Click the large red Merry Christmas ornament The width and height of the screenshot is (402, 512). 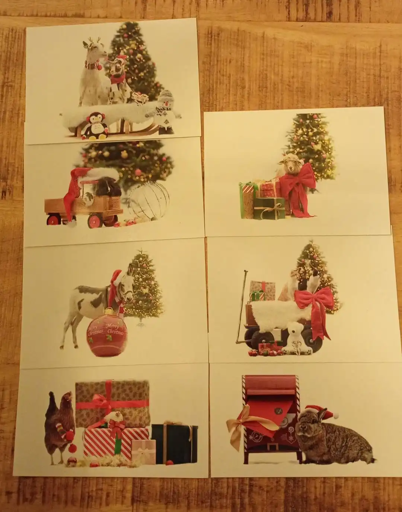pyautogui.click(x=107, y=332)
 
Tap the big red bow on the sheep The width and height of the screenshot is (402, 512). pyautogui.click(x=297, y=188)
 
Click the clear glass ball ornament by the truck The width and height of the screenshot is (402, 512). pyautogui.click(x=149, y=200)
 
